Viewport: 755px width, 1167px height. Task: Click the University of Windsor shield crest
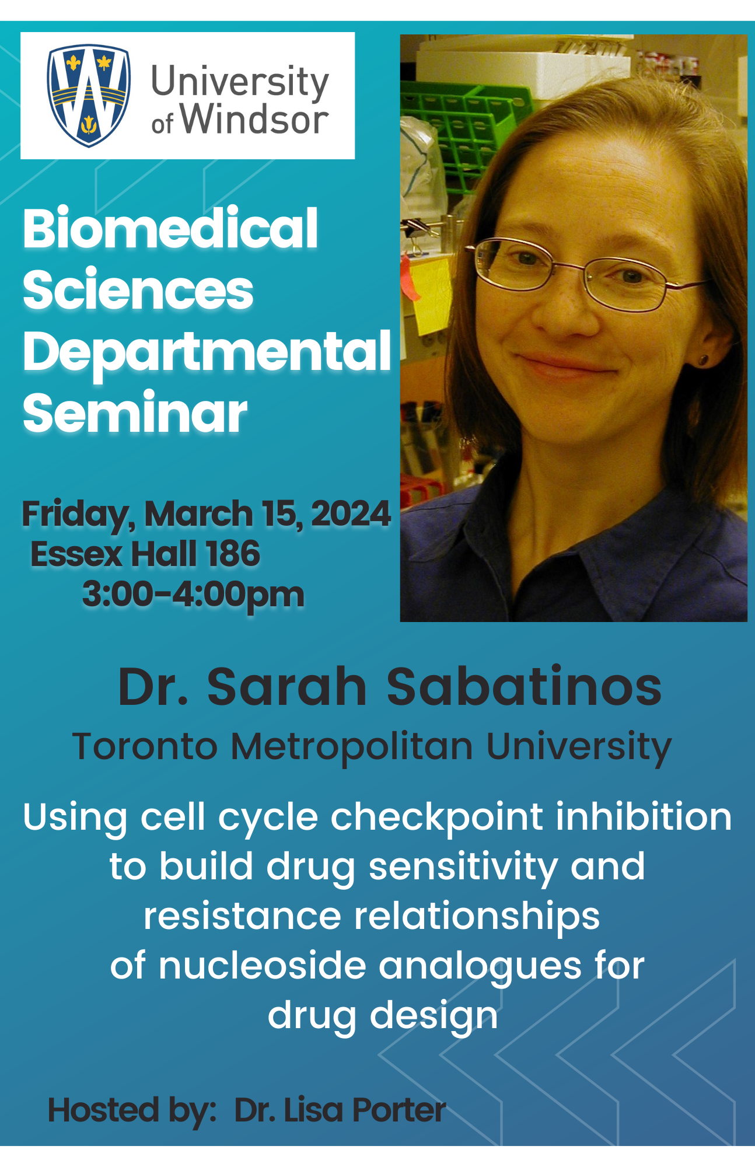pyautogui.click(x=89, y=96)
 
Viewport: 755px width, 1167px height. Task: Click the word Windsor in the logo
pyautogui.click(x=254, y=120)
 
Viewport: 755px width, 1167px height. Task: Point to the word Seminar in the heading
pyautogui.click(x=135, y=413)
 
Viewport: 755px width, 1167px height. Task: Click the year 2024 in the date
pyautogui.click(x=351, y=513)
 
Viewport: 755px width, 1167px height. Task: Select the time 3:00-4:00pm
pyautogui.click(x=193, y=595)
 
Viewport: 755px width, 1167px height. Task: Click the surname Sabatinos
pyautogui.click(x=524, y=686)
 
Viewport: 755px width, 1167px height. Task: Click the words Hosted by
pyautogui.click(x=132, y=1110)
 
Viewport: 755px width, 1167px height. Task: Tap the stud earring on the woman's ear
pyautogui.click(x=703, y=359)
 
